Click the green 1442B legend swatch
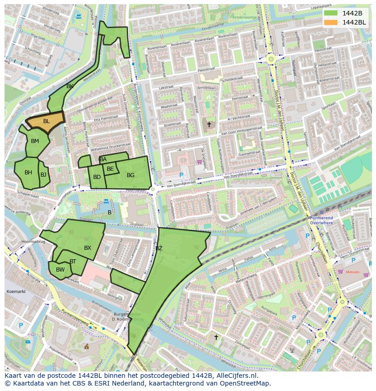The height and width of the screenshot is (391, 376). (331, 13)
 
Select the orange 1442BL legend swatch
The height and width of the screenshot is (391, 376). (331, 22)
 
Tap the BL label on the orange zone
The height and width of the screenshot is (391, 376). (46, 121)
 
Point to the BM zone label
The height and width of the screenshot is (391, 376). (35, 141)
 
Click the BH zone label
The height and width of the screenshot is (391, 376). (28, 173)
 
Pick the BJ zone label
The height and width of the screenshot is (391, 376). (43, 174)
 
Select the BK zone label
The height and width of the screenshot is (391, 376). (70, 86)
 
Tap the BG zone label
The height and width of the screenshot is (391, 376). (130, 175)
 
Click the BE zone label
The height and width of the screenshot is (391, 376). (110, 169)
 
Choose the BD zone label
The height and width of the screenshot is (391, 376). (97, 177)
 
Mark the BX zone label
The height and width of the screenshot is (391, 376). (88, 248)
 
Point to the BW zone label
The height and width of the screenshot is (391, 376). (60, 270)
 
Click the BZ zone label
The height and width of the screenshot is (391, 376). (159, 248)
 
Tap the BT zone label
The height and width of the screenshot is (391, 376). (73, 262)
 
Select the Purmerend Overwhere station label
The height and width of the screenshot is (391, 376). (322, 220)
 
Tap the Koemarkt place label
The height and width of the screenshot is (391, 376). (16, 291)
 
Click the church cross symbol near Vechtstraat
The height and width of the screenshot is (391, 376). (209, 124)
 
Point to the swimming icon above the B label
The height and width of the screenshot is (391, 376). (106, 201)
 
